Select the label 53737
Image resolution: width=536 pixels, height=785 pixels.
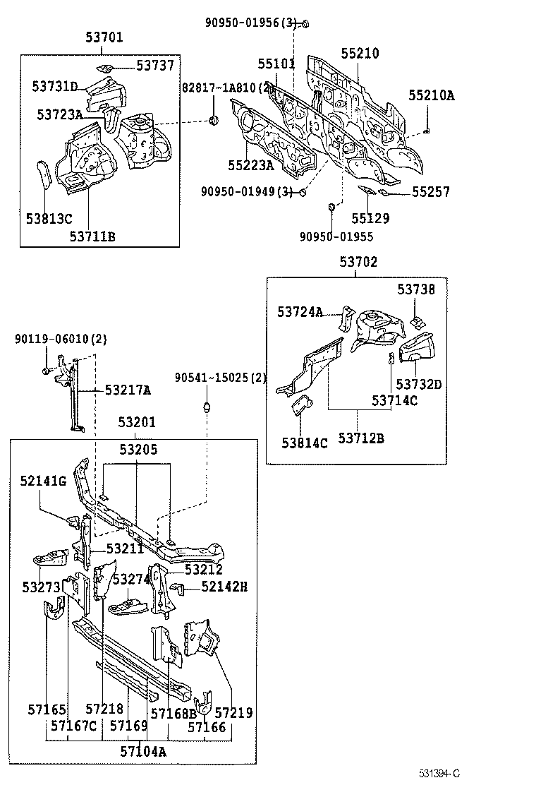pyautogui.click(x=154, y=66)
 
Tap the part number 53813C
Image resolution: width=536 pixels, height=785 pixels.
pyautogui.click(x=49, y=218)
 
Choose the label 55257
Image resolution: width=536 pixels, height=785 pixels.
pyautogui.click(x=431, y=192)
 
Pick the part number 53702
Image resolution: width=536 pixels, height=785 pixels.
pyautogui.click(x=358, y=262)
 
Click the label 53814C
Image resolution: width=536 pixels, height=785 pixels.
pyautogui.click(x=305, y=443)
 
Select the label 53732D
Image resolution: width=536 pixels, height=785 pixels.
pyautogui.click(x=418, y=384)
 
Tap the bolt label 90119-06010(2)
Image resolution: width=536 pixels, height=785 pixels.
pyautogui.click(x=60, y=340)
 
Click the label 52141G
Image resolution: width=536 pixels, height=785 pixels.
pyautogui.click(x=43, y=481)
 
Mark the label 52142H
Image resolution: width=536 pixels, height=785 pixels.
pyautogui.click(x=224, y=586)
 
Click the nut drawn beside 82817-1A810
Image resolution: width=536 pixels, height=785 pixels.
pyautogui.click(x=212, y=121)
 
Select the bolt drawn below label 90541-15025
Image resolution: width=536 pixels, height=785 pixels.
pyautogui.click(x=207, y=407)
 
